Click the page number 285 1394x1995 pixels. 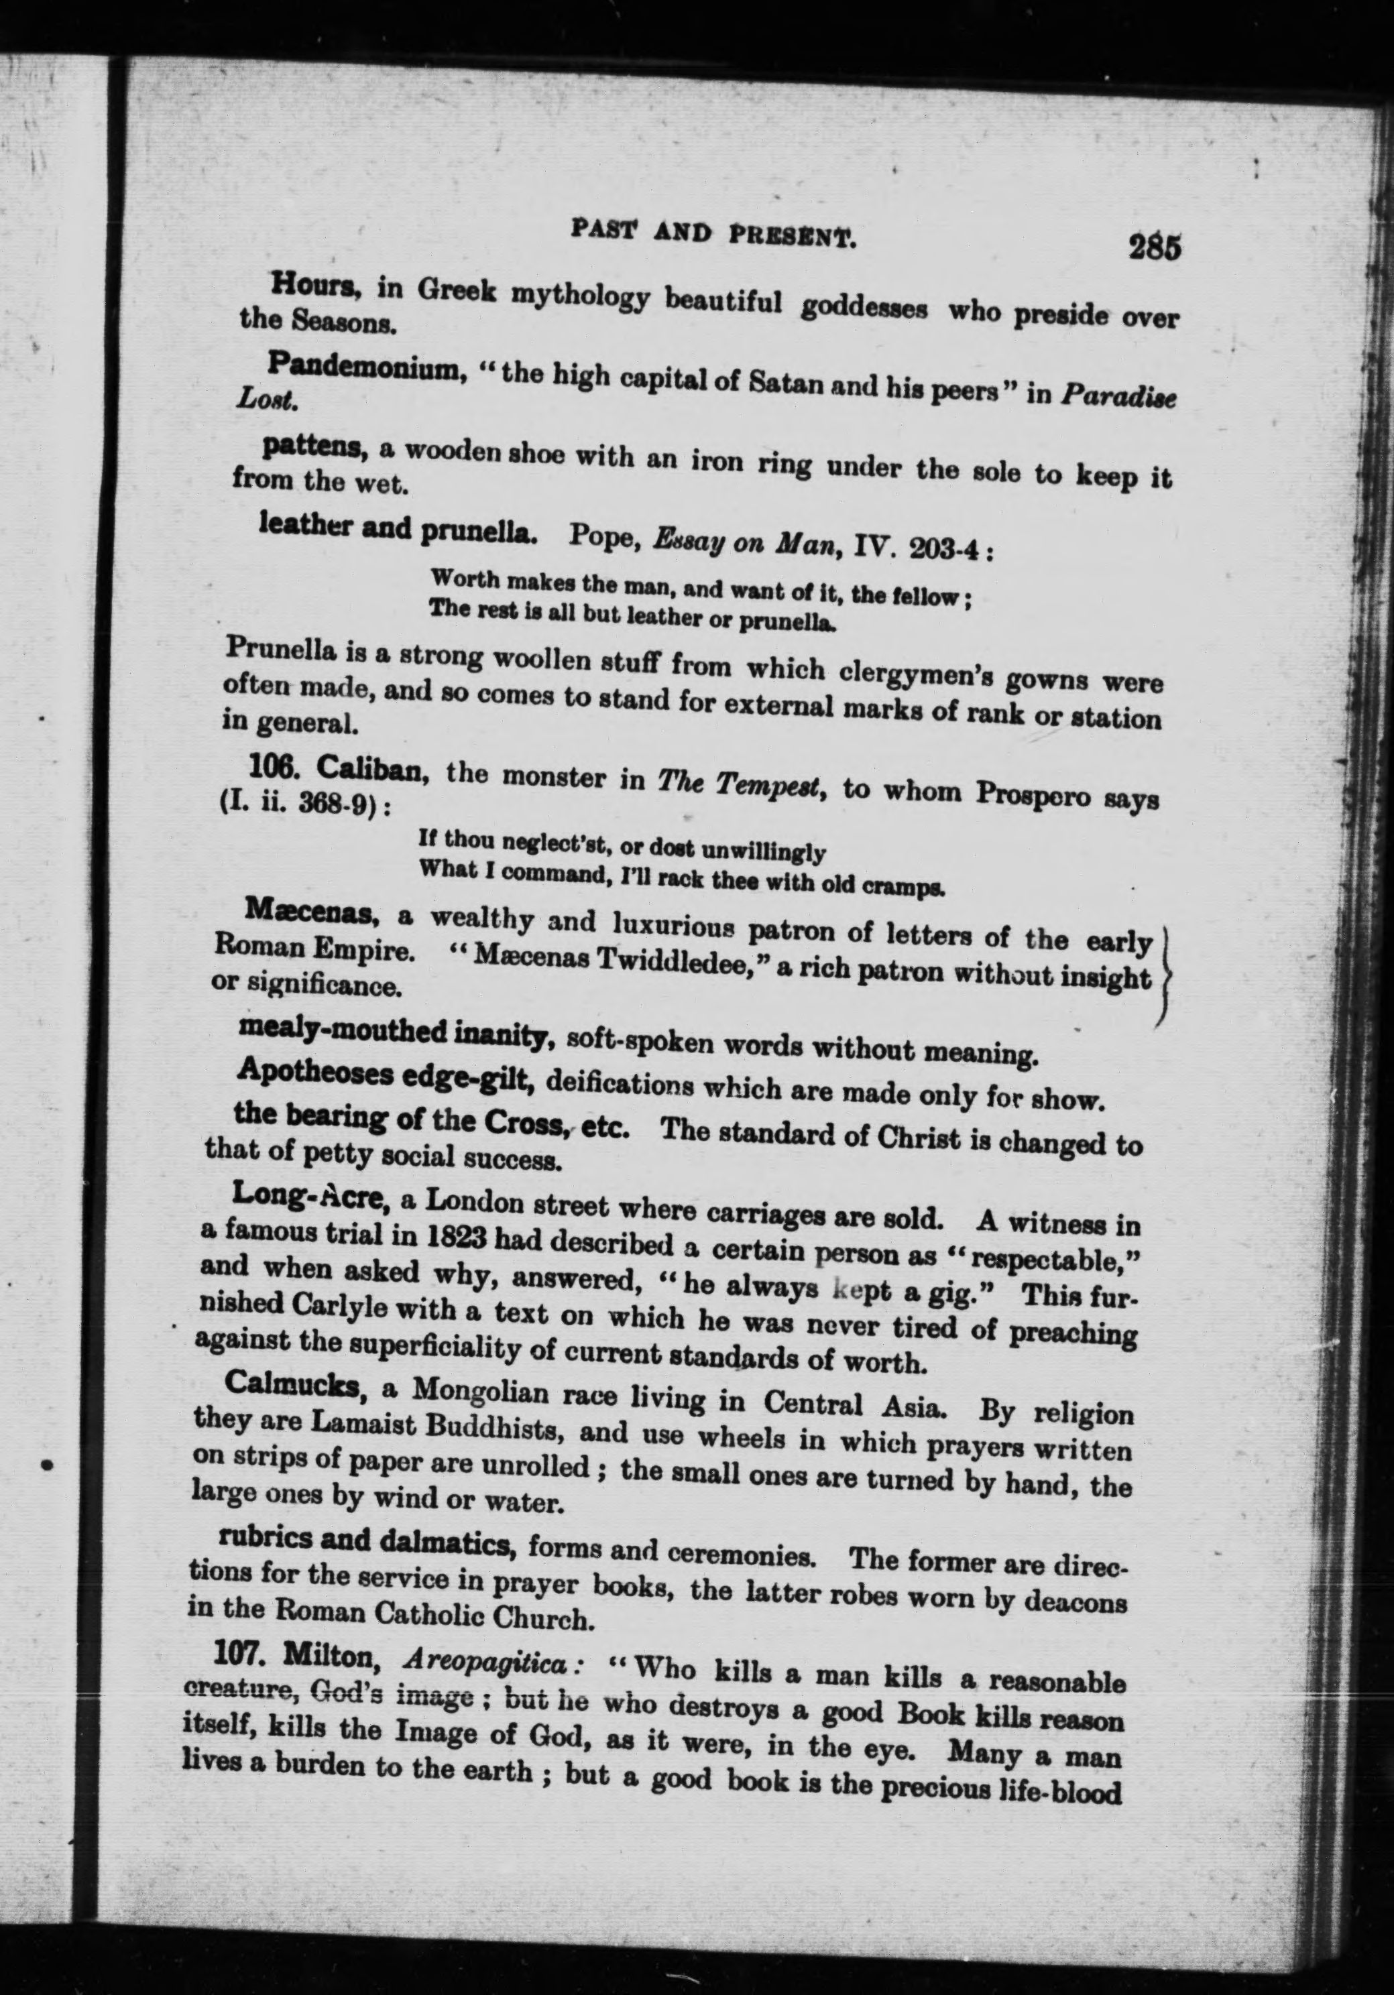click(1154, 249)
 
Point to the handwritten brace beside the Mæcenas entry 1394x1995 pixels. click(1165, 977)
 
